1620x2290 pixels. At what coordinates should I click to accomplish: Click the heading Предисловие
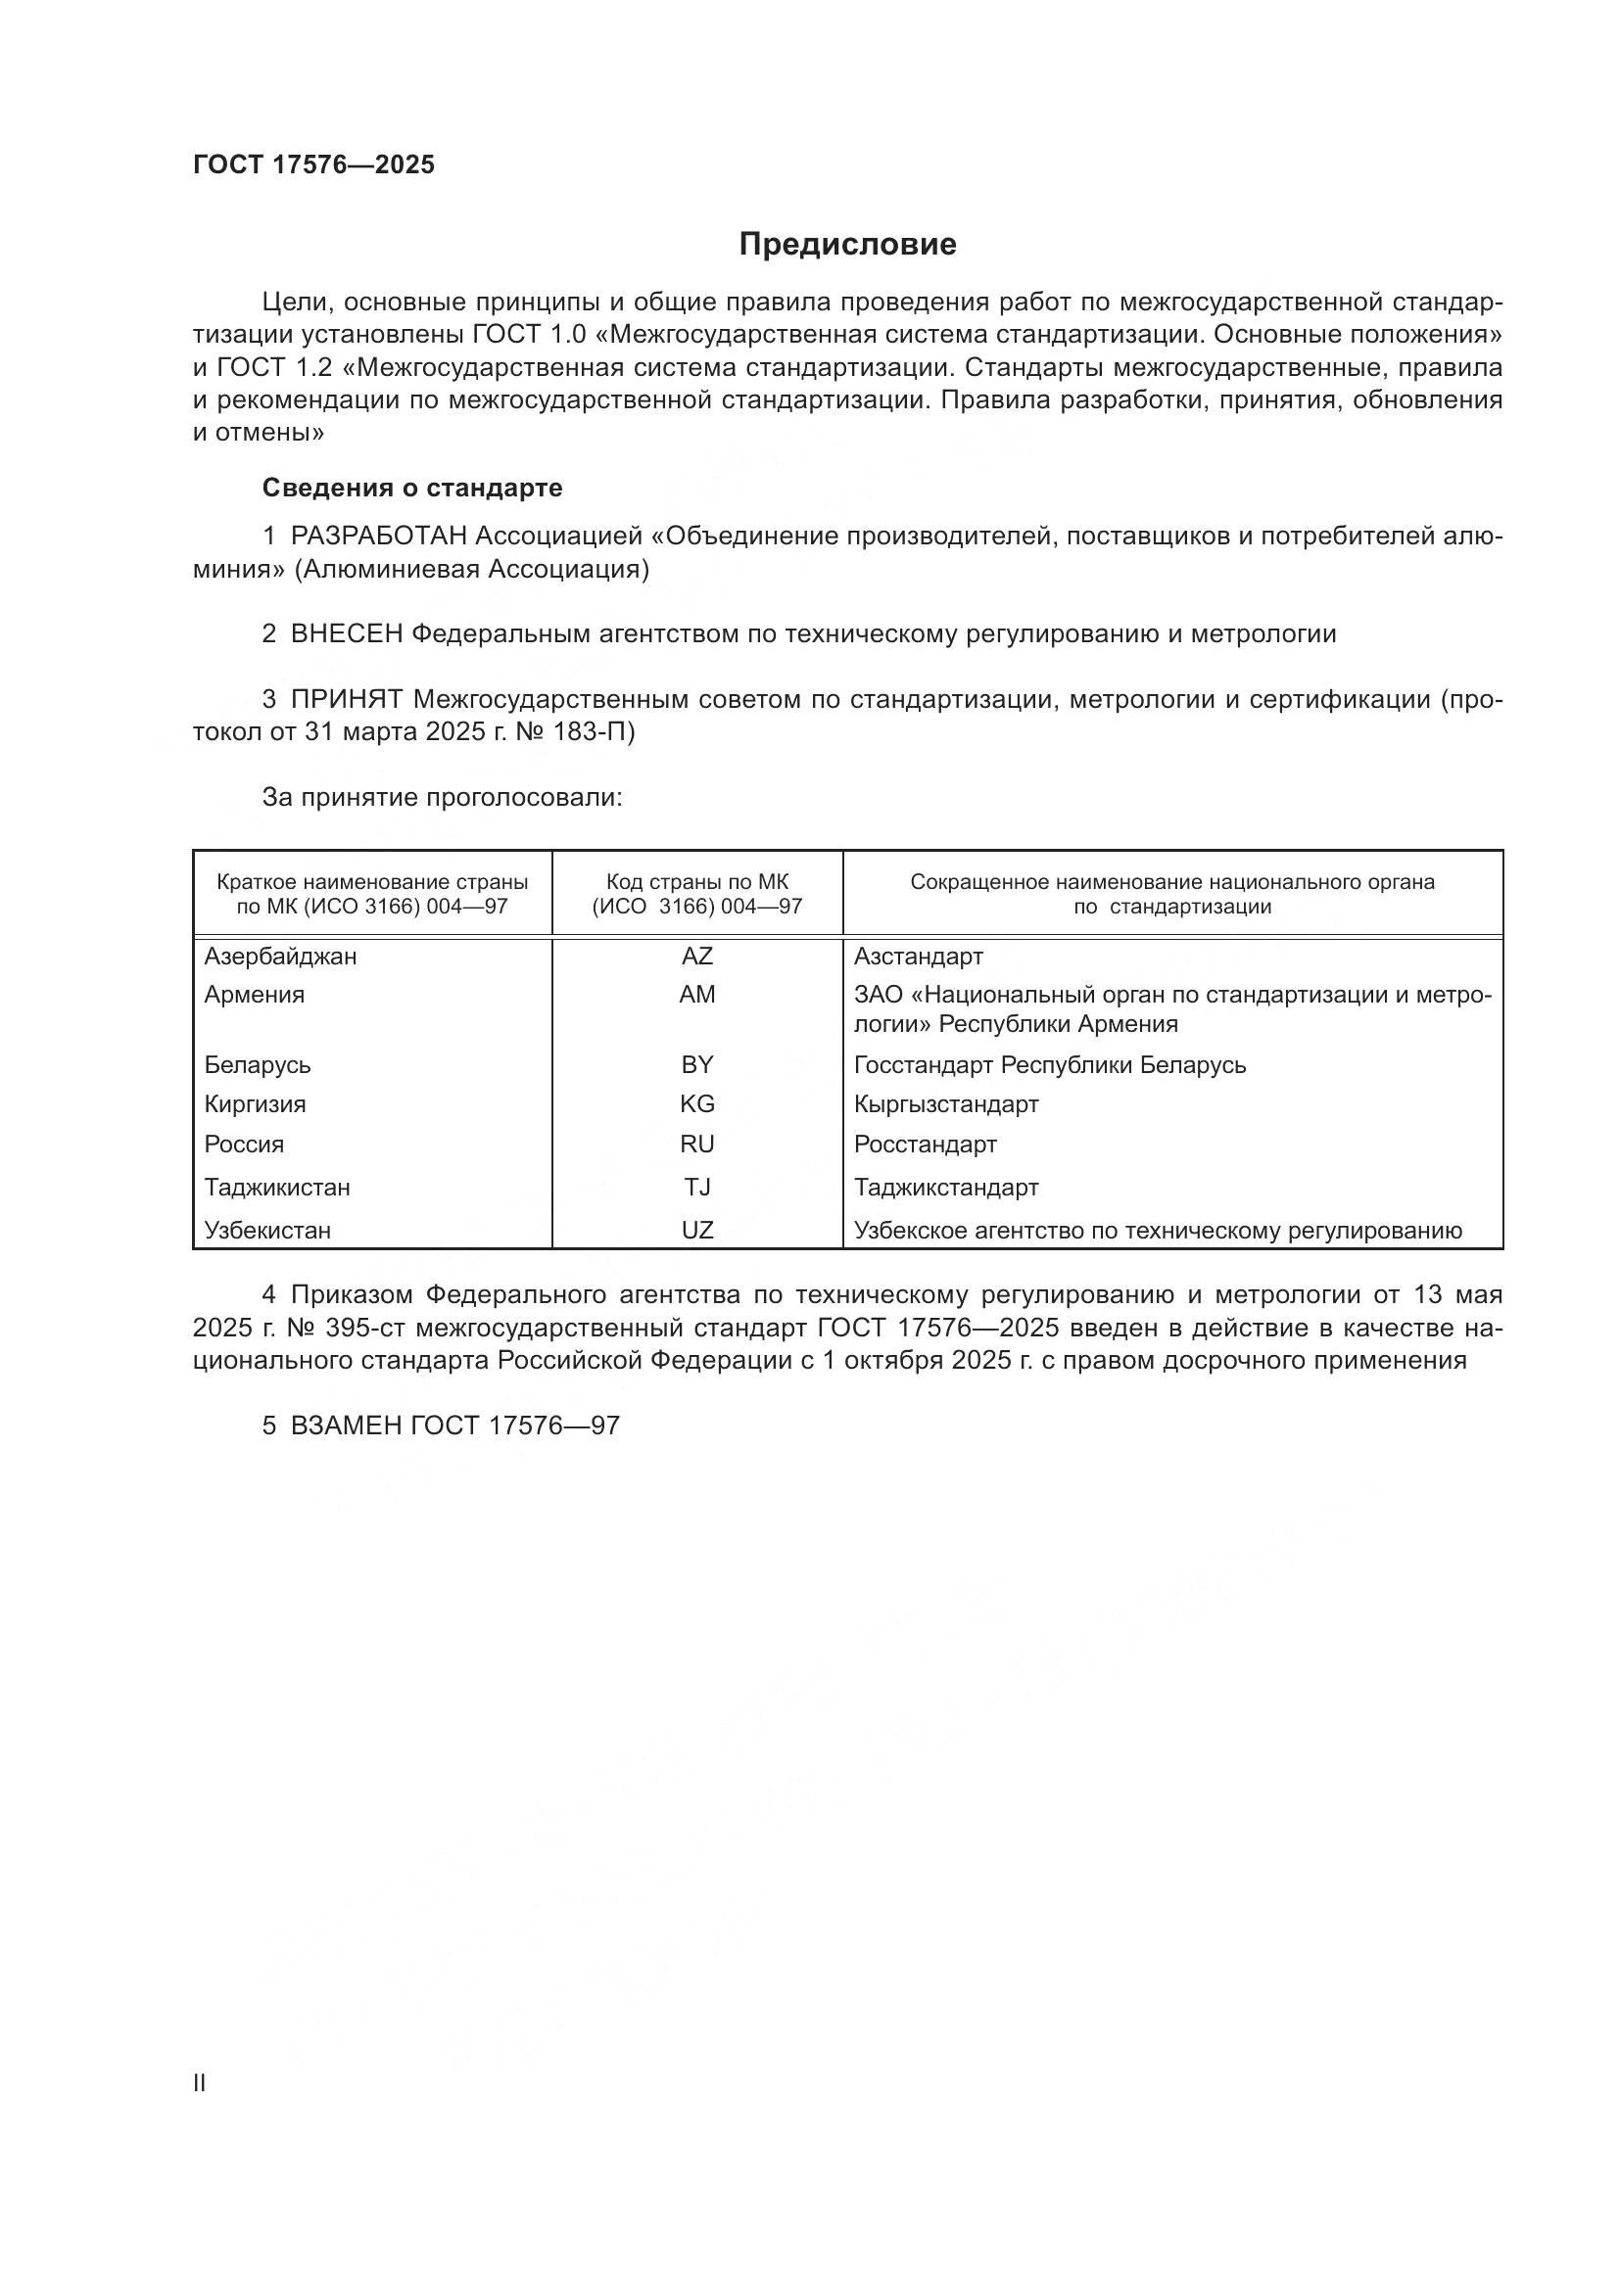pyautogui.click(x=847, y=245)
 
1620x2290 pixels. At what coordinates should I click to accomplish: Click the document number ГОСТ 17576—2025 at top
pyautogui.click(x=313, y=165)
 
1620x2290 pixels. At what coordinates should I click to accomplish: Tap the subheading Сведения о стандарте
pyautogui.click(x=412, y=488)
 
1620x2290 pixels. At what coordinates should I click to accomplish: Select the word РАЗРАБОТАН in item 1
pyautogui.click(x=378, y=537)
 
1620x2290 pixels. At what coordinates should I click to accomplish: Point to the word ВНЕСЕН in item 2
pyautogui.click(x=346, y=633)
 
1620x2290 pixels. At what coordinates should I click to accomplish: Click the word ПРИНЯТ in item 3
pyautogui.click(x=346, y=699)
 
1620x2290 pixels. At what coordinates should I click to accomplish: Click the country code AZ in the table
pyautogui.click(x=696, y=957)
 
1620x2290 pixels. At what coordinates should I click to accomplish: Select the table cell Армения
pyautogui.click(x=255, y=995)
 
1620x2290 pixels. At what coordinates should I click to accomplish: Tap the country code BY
pyautogui.click(x=696, y=1065)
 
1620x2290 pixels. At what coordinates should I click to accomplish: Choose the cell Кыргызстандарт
pyautogui.click(x=946, y=1104)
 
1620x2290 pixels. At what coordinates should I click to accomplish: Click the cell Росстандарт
pyautogui.click(x=925, y=1144)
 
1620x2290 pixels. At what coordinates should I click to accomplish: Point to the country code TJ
pyautogui.click(x=696, y=1187)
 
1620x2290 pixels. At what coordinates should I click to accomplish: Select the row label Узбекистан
pyautogui.click(x=267, y=1230)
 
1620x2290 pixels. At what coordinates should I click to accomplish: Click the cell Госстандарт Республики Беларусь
pyautogui.click(x=1049, y=1065)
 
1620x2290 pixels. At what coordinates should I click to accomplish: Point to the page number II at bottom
pyautogui.click(x=200, y=2082)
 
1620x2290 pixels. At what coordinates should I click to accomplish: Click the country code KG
pyautogui.click(x=696, y=1104)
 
